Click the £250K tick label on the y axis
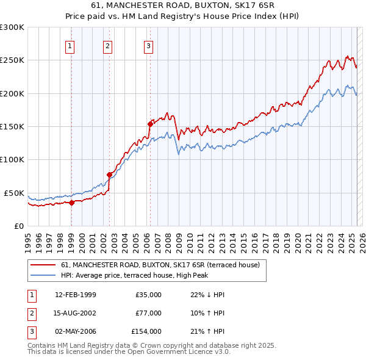click(x=12, y=60)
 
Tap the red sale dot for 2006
click(x=149, y=123)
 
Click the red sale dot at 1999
click(x=71, y=203)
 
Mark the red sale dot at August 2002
click(x=110, y=175)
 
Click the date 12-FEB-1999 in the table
click(x=76, y=295)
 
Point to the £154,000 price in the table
click(x=146, y=331)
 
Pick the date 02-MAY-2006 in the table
click(x=76, y=331)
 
